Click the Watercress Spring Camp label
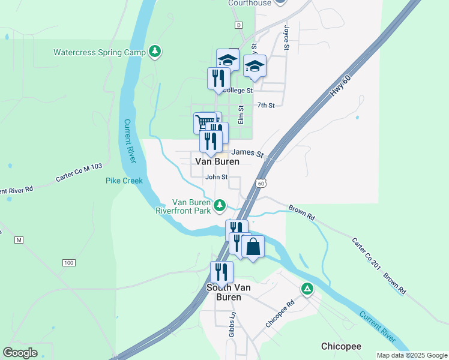pyautogui.click(x=100, y=52)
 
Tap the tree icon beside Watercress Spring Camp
pyautogui.click(x=155, y=52)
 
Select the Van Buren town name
pyautogui.click(x=217, y=161)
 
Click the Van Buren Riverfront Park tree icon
pyautogui.click(x=220, y=206)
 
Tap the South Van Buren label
pyautogui.click(x=224, y=292)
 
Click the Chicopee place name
pyautogui.click(x=341, y=346)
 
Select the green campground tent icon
pyautogui.click(x=307, y=290)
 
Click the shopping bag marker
pyautogui.click(x=253, y=247)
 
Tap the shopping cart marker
pyautogui.click(x=205, y=122)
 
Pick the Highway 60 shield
pyautogui.click(x=259, y=184)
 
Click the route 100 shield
pyautogui.click(x=68, y=263)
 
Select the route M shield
pyautogui.click(x=19, y=240)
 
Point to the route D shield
pyautogui.click(x=238, y=25)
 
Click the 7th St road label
pyautogui.click(x=266, y=106)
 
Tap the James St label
pyautogui.click(x=247, y=154)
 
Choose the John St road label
pyautogui.click(x=217, y=177)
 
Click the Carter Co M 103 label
pyautogui.click(x=80, y=172)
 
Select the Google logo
pyautogui.click(x=21, y=353)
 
